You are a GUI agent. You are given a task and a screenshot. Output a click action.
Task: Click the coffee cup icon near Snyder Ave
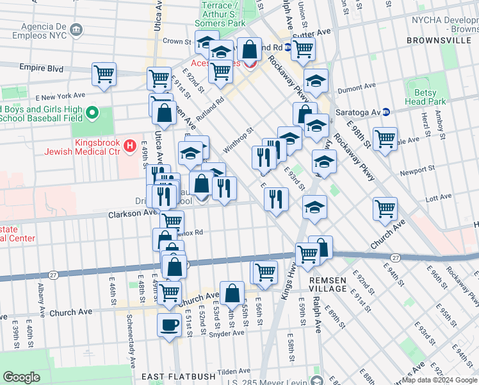click(169, 325)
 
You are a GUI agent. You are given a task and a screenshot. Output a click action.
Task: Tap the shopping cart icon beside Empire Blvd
click(104, 74)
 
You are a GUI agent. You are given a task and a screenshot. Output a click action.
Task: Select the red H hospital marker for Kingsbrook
click(131, 146)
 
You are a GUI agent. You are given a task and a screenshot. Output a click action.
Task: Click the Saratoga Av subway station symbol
click(386, 112)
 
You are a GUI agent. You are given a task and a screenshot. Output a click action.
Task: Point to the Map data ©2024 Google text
click(439, 380)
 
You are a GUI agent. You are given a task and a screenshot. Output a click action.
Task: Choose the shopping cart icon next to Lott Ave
click(385, 208)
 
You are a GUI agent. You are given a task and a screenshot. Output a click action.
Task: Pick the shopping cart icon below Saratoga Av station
click(385, 138)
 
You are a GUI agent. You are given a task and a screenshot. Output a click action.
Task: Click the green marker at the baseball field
click(92, 114)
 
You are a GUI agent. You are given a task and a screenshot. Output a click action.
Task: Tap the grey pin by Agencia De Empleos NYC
click(76, 30)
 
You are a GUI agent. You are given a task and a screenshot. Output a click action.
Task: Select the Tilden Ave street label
click(234, 372)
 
